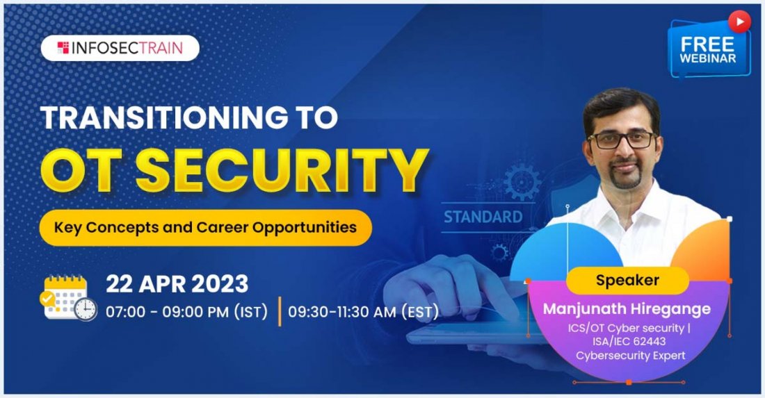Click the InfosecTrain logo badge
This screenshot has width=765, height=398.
[120, 48]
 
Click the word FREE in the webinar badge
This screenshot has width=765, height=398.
[707, 44]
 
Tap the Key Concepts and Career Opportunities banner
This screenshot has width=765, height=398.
[205, 227]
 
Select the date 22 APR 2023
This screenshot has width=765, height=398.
[177, 284]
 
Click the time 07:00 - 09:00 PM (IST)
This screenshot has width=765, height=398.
[186, 312]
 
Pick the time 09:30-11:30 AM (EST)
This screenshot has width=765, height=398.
[363, 312]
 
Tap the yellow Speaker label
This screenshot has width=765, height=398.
[627, 281]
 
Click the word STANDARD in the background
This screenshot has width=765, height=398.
[483, 217]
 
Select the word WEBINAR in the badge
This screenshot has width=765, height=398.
[708, 58]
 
